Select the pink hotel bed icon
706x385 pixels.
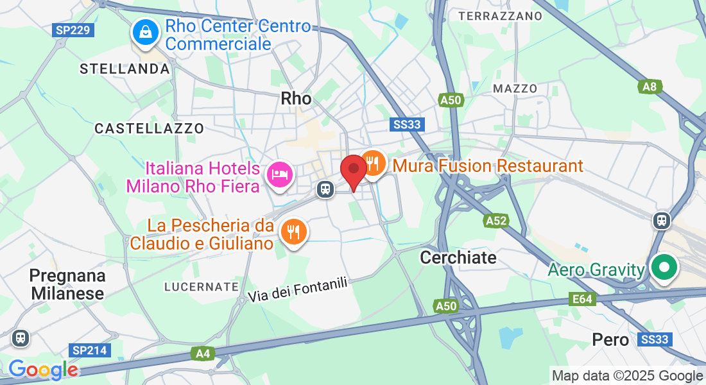tap(280, 174)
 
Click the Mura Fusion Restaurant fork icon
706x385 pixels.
tap(372, 162)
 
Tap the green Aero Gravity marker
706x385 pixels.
tap(664, 266)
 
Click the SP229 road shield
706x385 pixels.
tap(74, 30)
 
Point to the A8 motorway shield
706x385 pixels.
tap(650, 87)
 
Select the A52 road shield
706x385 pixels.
tap(495, 221)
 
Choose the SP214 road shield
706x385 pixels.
tap(89, 350)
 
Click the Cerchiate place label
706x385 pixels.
tap(458, 258)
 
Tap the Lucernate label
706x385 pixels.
tap(202, 286)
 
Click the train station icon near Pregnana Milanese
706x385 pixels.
tap(21, 338)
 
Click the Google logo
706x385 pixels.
tap(43, 370)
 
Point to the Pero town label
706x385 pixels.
tap(610, 339)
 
